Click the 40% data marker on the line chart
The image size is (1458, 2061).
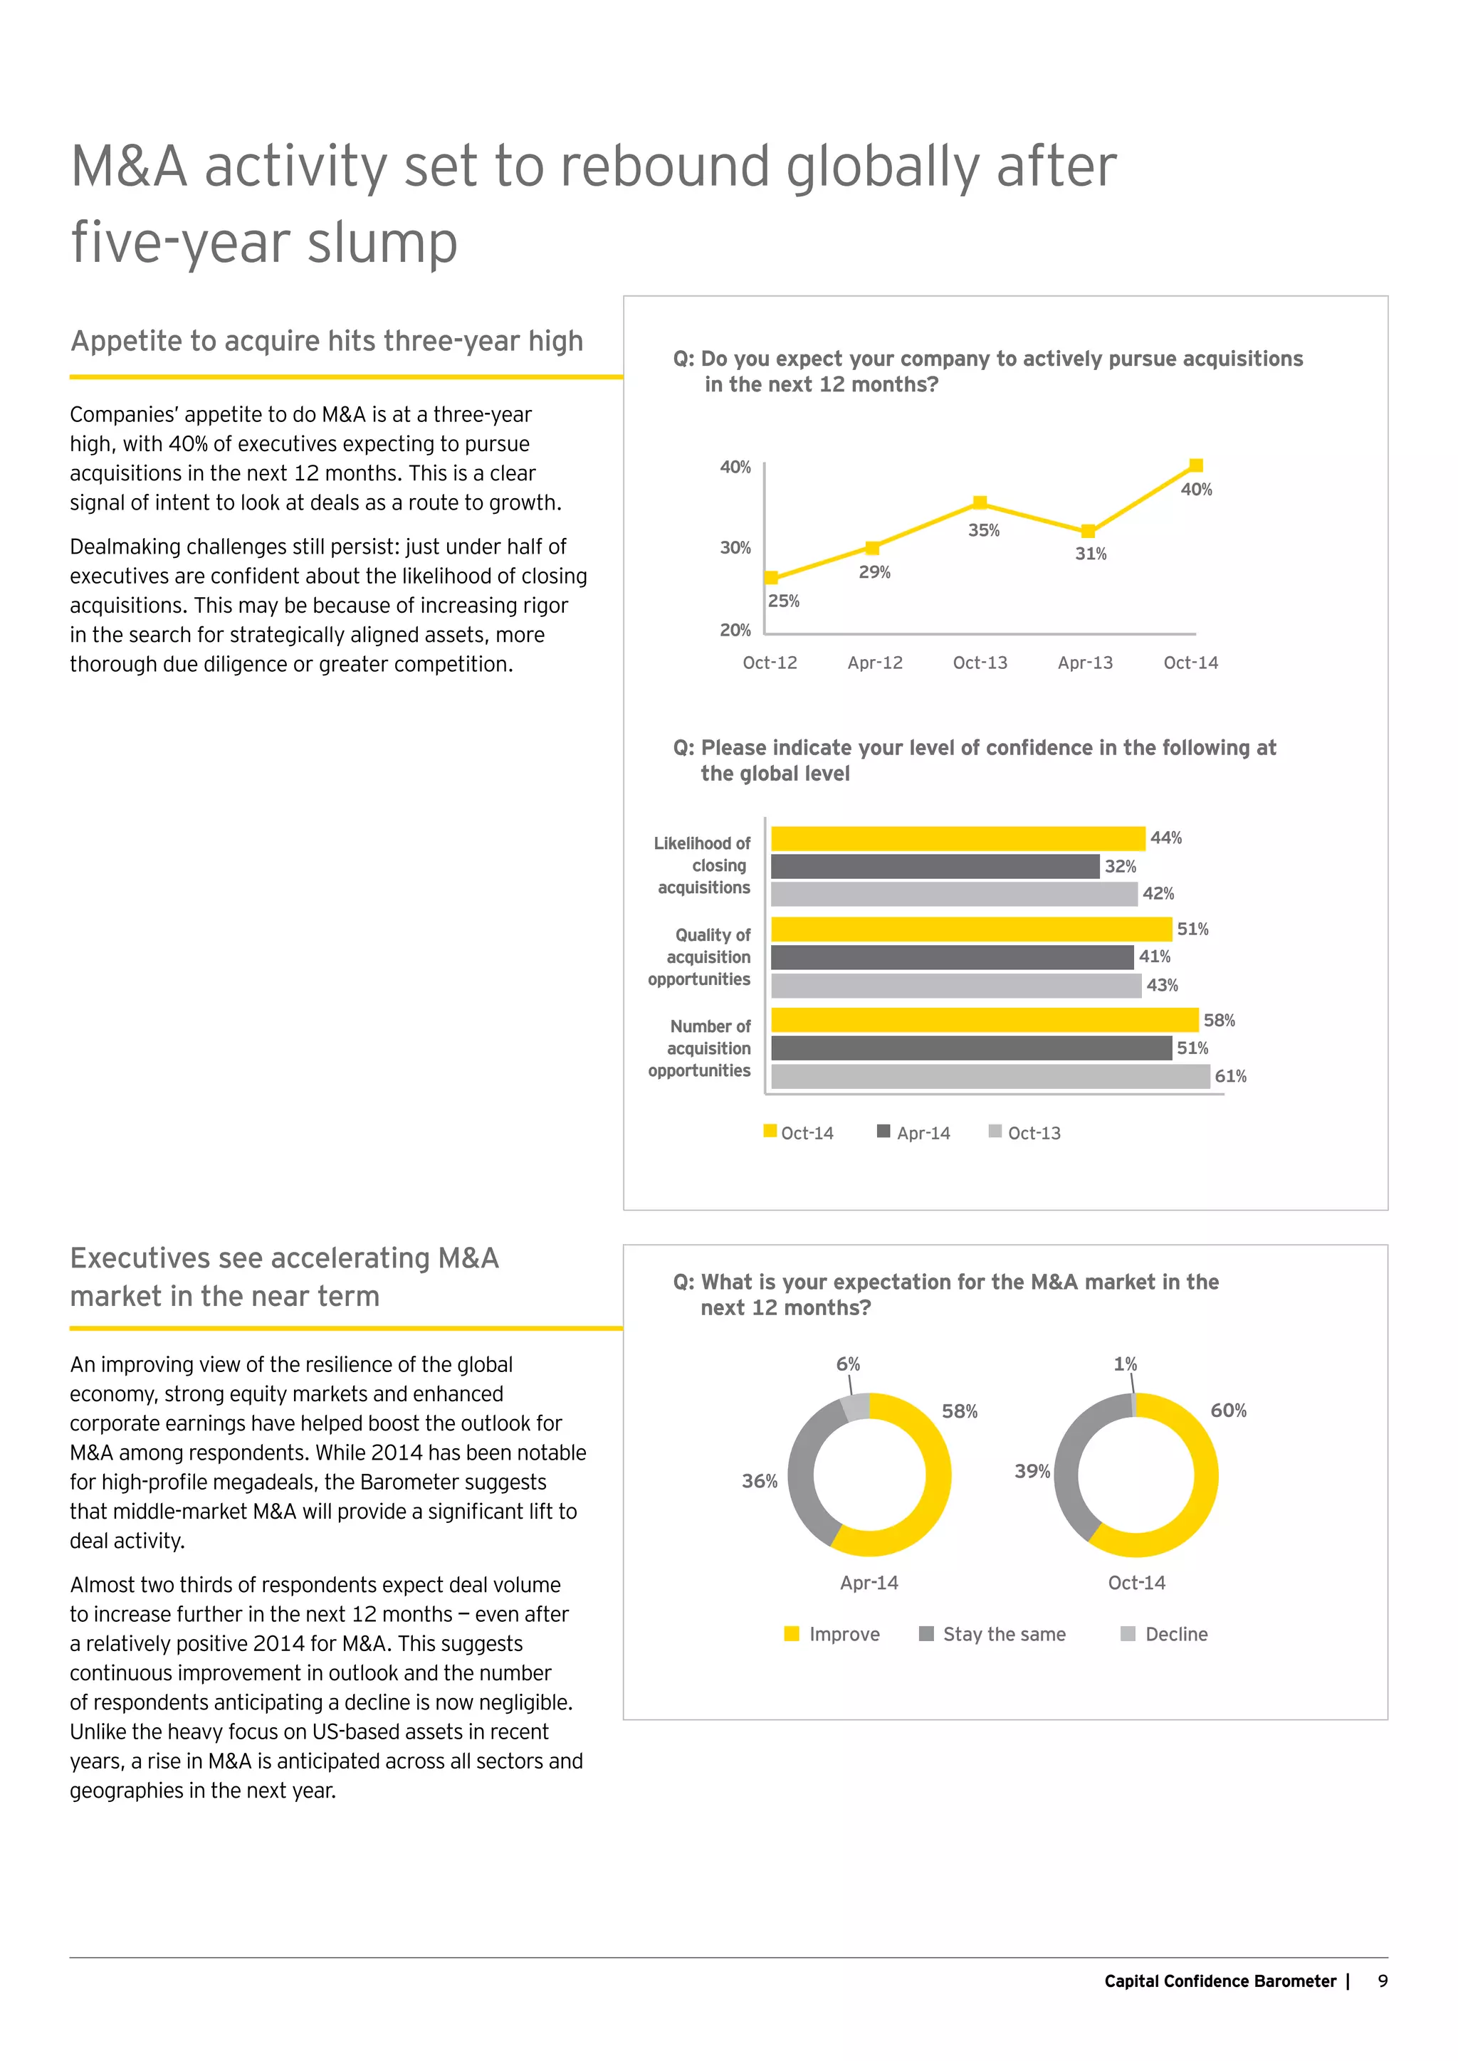[x=1196, y=465]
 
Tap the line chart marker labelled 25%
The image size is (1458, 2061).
[x=771, y=578]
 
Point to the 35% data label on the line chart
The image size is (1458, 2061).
[x=983, y=530]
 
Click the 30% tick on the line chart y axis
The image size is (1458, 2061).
[x=735, y=547]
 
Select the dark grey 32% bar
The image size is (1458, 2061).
[x=935, y=866]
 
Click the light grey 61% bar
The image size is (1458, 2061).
[x=990, y=1076]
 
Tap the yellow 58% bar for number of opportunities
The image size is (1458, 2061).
[x=984, y=1020]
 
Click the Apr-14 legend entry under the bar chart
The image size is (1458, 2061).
[x=914, y=1133]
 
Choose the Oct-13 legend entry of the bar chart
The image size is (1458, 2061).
[x=1024, y=1133]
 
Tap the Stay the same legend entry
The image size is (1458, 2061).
[x=993, y=1634]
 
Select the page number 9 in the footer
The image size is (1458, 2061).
[x=1383, y=1981]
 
